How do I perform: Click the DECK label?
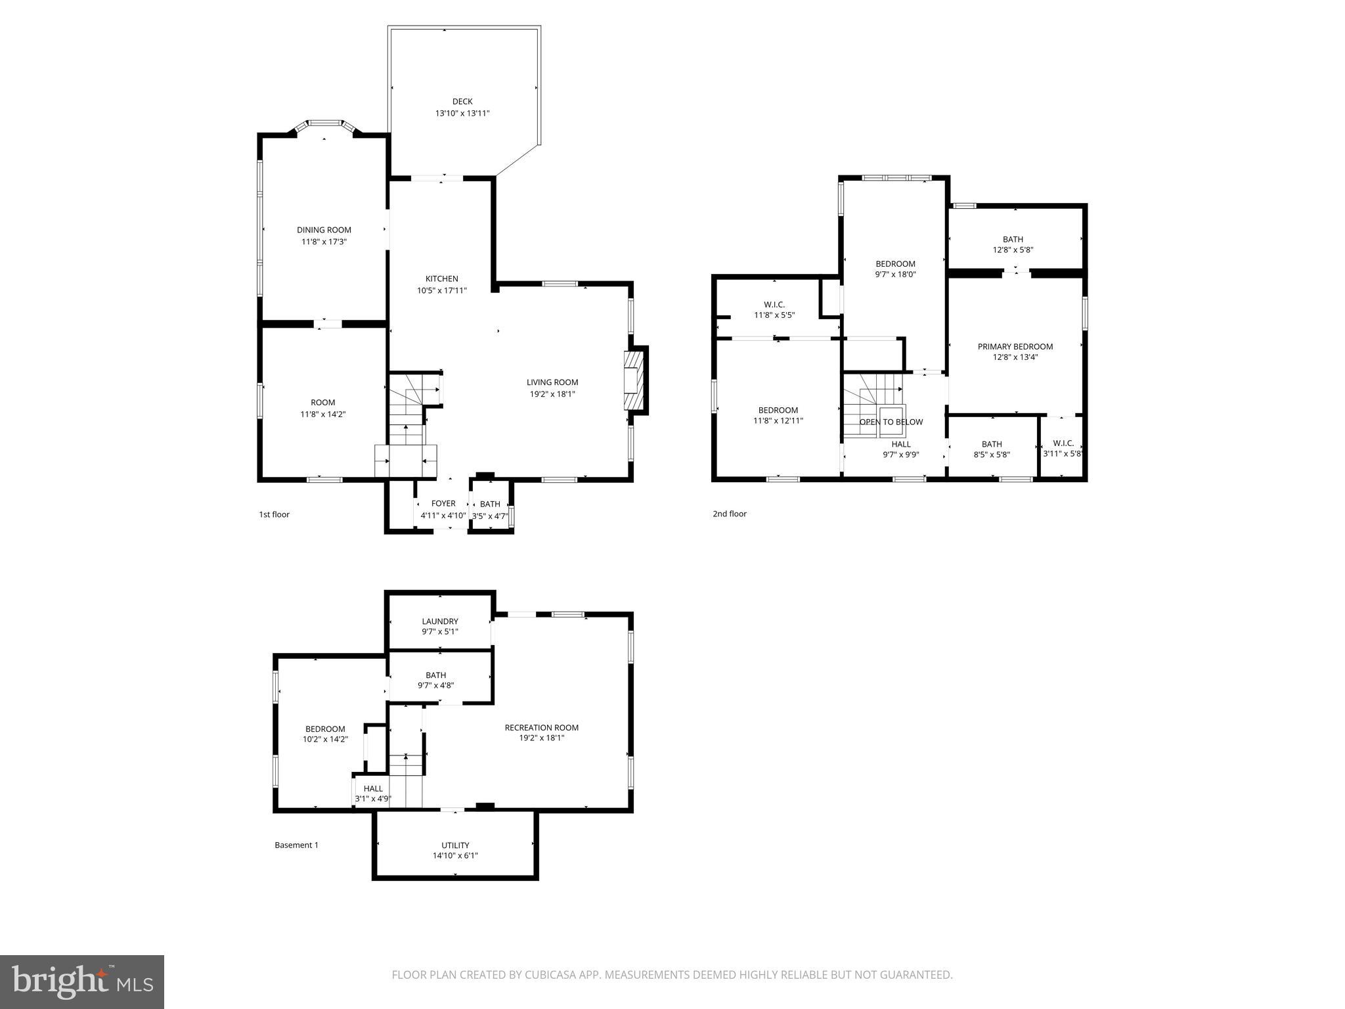(x=462, y=101)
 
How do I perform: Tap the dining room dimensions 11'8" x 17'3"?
(x=324, y=242)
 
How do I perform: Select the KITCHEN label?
(x=441, y=279)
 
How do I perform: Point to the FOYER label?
(x=443, y=504)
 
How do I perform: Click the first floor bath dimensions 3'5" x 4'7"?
(x=490, y=516)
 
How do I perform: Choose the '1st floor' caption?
(x=274, y=514)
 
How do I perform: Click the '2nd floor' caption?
(x=730, y=514)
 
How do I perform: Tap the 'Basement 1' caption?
(x=296, y=845)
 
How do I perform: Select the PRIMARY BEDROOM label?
(x=1015, y=346)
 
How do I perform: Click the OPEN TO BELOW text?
(x=891, y=422)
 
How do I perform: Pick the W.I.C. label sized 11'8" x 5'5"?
(x=774, y=304)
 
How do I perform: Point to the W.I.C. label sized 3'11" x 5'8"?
(x=1063, y=443)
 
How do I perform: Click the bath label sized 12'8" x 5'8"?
(x=1013, y=239)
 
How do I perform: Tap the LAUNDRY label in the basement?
(x=440, y=621)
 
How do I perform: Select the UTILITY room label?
(x=455, y=845)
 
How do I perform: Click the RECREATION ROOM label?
(x=541, y=727)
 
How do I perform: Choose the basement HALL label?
(x=373, y=788)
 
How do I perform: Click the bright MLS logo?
(x=82, y=981)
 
